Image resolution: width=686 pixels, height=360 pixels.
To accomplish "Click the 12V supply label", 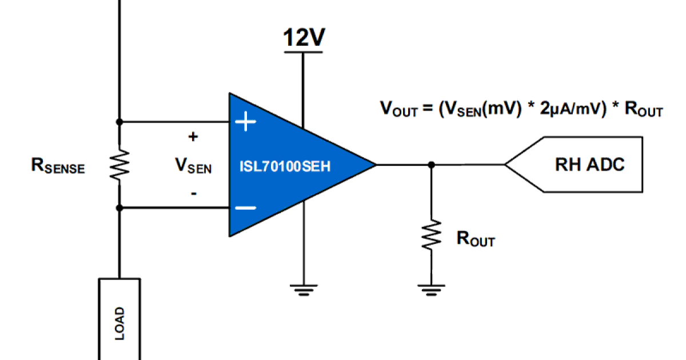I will pos(304,38).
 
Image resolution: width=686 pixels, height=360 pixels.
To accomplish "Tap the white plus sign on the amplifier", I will pos(246,122).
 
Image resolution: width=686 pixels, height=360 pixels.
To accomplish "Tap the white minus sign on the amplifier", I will pos(246,208).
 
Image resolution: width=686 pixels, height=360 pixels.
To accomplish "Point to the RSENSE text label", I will pos(58,167).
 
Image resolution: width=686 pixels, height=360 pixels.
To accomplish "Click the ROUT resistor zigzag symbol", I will pos(431,234).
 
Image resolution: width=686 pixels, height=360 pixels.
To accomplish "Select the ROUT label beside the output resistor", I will pos(475,239).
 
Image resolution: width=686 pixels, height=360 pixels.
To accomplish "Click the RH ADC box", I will pos(589,165).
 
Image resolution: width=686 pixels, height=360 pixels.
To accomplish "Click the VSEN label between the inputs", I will pos(193,166).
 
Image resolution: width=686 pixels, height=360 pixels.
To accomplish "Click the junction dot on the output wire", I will pos(431,165).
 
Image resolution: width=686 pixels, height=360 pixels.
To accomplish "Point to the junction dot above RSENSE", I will pos(119,122).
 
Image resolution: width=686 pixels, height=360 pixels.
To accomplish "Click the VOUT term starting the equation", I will pos(397,109).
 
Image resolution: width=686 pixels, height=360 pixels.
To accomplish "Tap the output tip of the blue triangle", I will pos(374,165).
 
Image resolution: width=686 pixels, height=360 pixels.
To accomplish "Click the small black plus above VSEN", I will pos(193,137).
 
